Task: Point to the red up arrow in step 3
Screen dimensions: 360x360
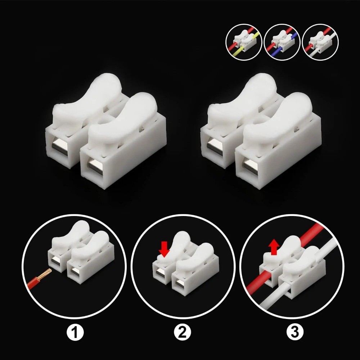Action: [274, 248]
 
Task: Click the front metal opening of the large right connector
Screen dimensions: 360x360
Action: [249, 166]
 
